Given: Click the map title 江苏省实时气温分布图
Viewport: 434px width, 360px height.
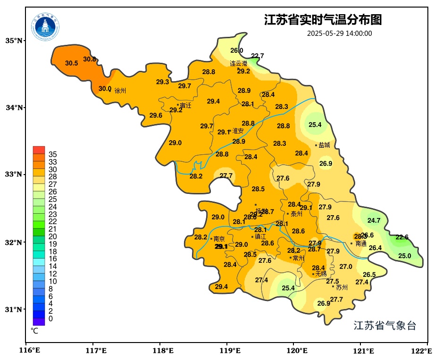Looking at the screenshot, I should tap(323, 20).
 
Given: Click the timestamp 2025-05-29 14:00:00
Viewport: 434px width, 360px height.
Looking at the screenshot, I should tap(339, 33).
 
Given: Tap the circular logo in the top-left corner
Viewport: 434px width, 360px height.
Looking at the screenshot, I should tap(46, 27).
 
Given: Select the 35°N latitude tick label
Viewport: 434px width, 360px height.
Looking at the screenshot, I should tap(14, 41).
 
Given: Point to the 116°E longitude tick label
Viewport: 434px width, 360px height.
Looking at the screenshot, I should tap(29, 351).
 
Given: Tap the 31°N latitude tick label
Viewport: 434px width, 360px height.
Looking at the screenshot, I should tap(14, 310).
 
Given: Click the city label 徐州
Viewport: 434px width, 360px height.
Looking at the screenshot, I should tap(120, 91).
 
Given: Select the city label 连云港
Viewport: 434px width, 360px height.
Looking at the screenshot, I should tap(238, 63).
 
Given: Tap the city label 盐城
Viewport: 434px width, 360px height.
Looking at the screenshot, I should tap(325, 145).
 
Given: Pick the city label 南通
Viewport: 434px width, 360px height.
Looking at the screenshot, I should tap(361, 244).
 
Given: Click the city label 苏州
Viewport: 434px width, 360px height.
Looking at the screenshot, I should tap(342, 287).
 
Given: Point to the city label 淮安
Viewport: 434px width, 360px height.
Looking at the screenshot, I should tap(238, 131).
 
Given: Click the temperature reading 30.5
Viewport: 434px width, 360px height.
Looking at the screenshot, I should tap(72, 63).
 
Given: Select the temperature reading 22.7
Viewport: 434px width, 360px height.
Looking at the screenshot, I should tap(258, 56).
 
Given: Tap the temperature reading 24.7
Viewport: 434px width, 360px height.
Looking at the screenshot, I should tap(374, 220).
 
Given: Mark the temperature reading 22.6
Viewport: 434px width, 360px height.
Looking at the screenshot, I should tap(402, 237).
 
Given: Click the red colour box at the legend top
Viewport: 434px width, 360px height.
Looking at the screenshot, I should tap(39, 150).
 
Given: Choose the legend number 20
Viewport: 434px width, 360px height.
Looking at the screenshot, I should tap(53, 236).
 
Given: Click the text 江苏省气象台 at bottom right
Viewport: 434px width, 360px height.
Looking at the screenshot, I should tap(384, 326).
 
